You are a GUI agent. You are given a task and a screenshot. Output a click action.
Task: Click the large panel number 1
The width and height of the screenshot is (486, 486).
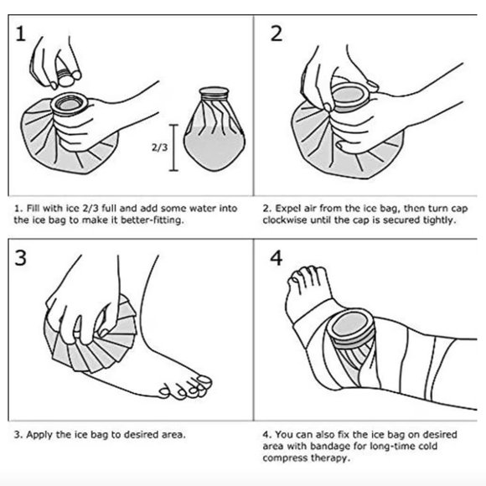(x=20, y=34)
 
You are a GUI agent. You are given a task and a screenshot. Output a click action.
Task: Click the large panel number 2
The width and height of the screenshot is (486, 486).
(x=277, y=34)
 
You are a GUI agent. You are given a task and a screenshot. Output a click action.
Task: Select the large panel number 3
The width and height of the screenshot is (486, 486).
(x=20, y=258)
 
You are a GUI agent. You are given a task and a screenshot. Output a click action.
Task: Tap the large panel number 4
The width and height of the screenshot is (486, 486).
(x=277, y=258)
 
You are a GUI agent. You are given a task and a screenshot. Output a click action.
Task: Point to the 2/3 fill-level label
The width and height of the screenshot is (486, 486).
(x=159, y=147)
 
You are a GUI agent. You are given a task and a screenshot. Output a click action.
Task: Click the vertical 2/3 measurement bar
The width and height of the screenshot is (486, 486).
(x=173, y=147)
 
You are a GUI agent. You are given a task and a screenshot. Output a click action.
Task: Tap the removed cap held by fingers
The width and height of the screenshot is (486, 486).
(x=65, y=77)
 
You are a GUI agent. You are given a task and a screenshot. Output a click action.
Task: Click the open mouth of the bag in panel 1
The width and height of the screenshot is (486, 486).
(x=70, y=103)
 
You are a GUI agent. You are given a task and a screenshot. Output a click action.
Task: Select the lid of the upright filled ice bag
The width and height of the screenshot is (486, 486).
(x=214, y=92)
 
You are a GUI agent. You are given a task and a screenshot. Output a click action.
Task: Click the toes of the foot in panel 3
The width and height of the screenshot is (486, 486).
(x=186, y=387)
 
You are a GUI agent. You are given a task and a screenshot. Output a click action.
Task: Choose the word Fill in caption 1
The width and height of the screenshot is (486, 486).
(x=34, y=208)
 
